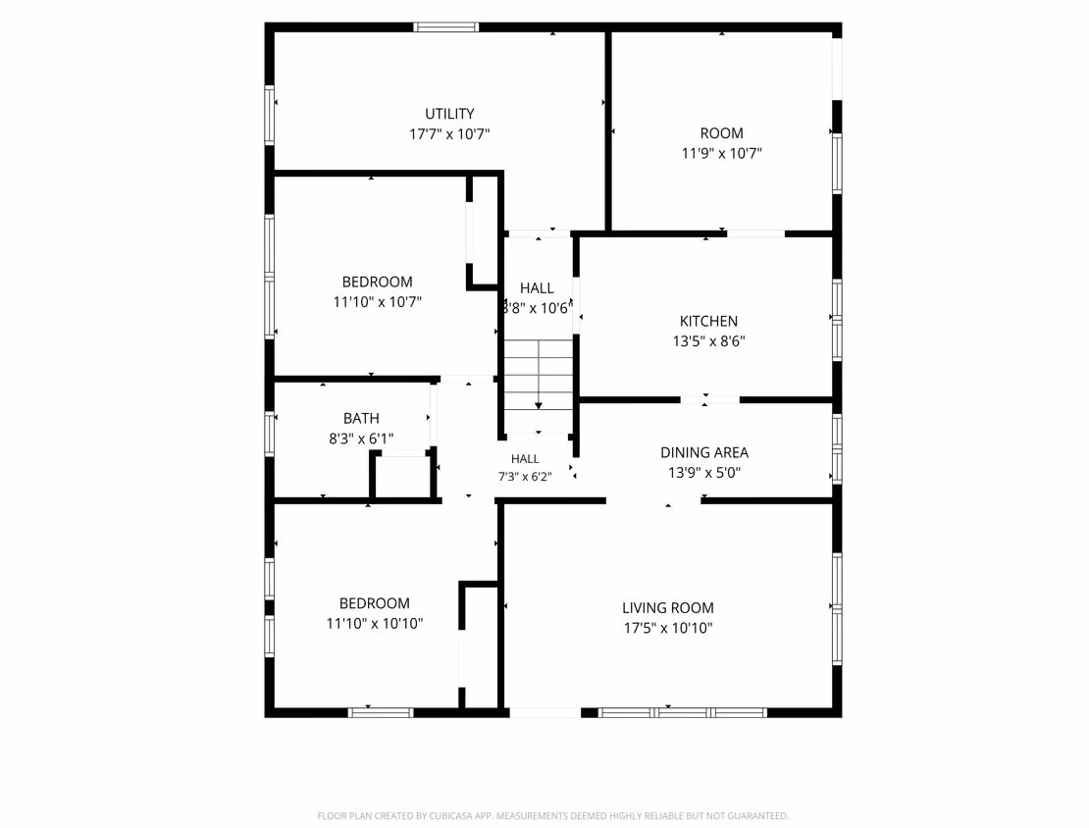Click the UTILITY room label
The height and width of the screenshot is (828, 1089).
pos(449,114)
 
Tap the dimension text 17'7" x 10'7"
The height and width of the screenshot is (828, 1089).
pos(449,134)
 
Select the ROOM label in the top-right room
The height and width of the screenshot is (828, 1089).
pos(722,133)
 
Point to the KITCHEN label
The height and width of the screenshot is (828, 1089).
pos(708,322)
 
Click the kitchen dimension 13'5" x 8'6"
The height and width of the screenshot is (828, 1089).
pos(708,341)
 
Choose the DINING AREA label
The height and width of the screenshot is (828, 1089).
pos(704,453)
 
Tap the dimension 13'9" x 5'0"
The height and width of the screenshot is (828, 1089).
pos(704,472)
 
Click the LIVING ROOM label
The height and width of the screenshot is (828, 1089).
pos(667,608)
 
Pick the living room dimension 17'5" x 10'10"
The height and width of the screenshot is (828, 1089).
pos(667,628)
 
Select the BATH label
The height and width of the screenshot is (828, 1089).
pos(361,418)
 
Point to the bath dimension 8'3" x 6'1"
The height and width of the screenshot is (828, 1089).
pos(361,439)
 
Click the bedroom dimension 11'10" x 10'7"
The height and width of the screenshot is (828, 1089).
pos(377,302)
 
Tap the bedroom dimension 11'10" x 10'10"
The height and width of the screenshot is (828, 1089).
pos(375,623)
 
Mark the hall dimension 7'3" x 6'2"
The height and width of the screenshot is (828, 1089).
pos(525,477)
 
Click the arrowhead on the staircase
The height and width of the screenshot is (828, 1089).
pos(539,405)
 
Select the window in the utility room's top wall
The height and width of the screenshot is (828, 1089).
pos(445,27)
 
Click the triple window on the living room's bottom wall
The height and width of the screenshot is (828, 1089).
pos(683,712)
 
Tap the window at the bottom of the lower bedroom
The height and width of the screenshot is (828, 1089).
pos(381,712)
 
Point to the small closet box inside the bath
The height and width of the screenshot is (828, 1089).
pos(403,475)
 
